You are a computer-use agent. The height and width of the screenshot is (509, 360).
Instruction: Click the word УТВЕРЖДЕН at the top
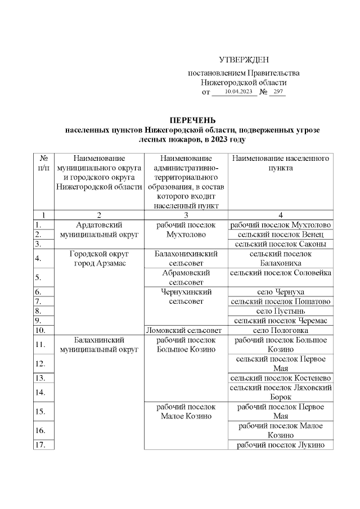coord(244,60)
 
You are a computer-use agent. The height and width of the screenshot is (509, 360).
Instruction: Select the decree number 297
coord(277,92)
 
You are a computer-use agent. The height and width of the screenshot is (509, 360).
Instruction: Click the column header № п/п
coord(43,164)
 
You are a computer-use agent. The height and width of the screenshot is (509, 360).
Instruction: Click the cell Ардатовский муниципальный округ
coord(99,229)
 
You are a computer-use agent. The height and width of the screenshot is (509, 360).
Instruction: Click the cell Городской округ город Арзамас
coord(99,259)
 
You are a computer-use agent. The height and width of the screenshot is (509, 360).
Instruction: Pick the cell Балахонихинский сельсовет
coord(186,259)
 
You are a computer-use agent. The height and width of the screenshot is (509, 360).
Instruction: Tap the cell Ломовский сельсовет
coord(186,330)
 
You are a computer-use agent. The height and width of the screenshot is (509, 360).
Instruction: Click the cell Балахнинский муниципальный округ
coord(99,345)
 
